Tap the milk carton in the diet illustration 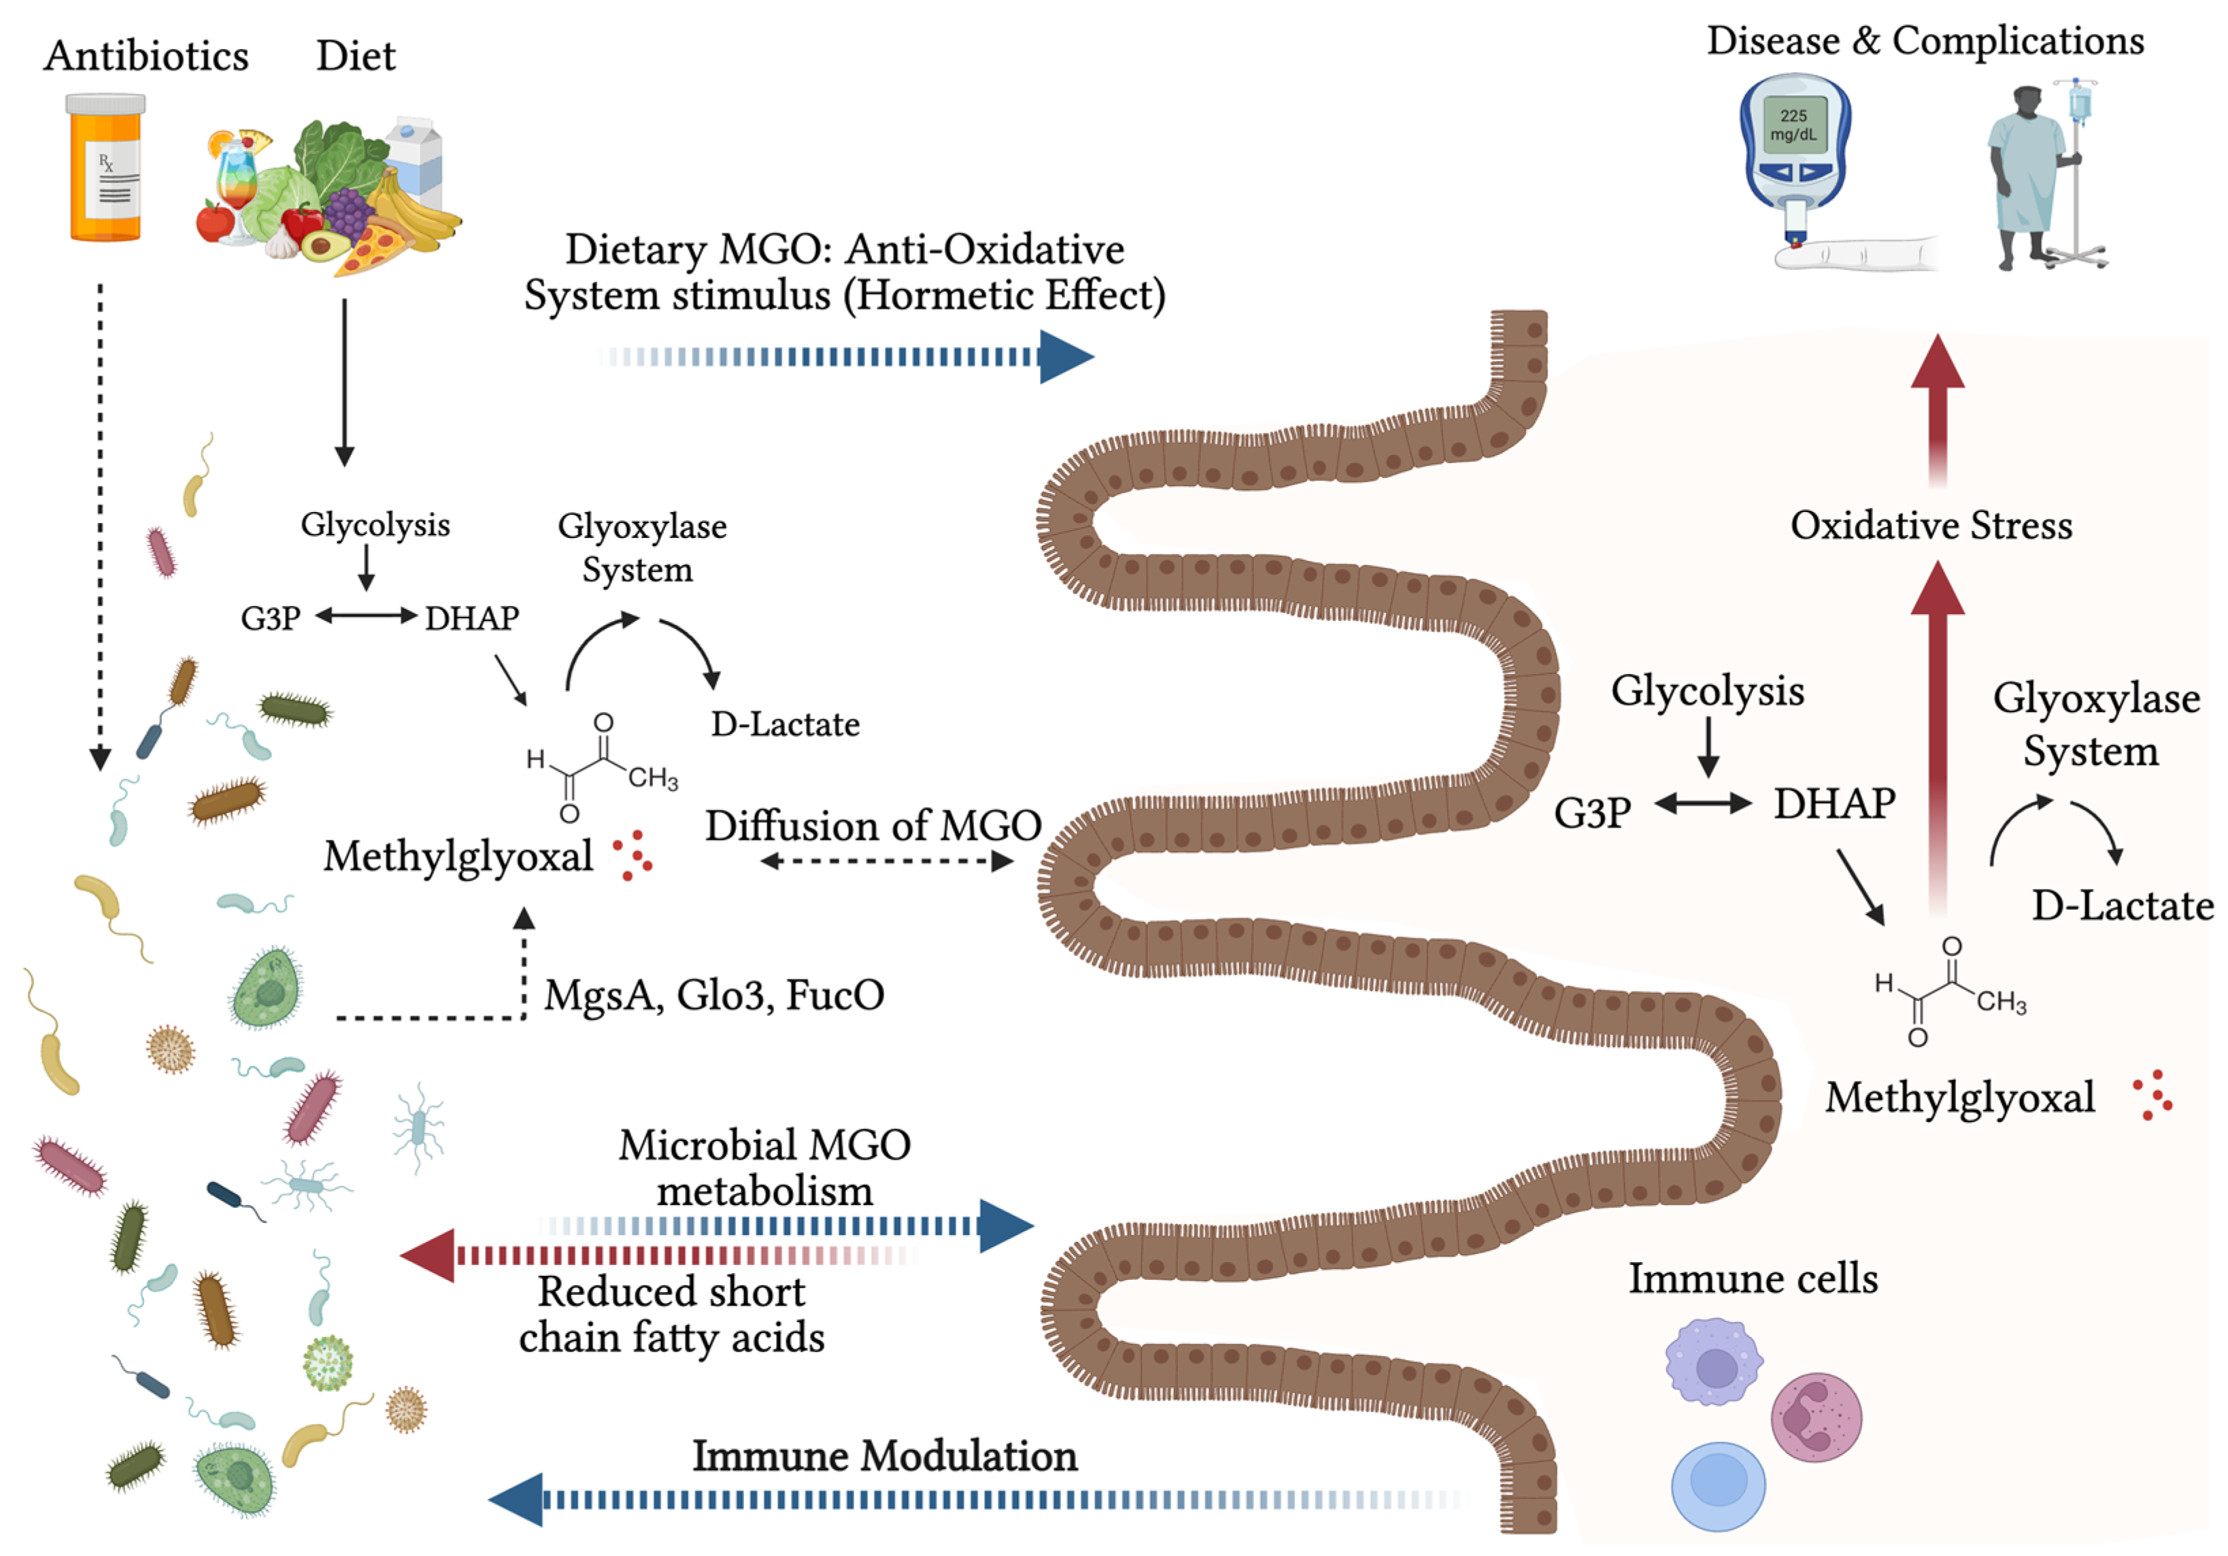pyautogui.click(x=416, y=160)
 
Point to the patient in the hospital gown pyautogui.click(x=2024, y=175)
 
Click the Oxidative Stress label pyautogui.click(x=1930, y=525)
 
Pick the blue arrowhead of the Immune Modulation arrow pyautogui.click(x=516, y=1500)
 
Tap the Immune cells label pyautogui.click(x=1751, y=1279)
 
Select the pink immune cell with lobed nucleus pyautogui.click(x=1815, y=1417)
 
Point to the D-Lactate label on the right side pyautogui.click(x=2122, y=906)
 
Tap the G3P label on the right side pyautogui.click(x=1591, y=813)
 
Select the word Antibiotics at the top pyautogui.click(x=146, y=55)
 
